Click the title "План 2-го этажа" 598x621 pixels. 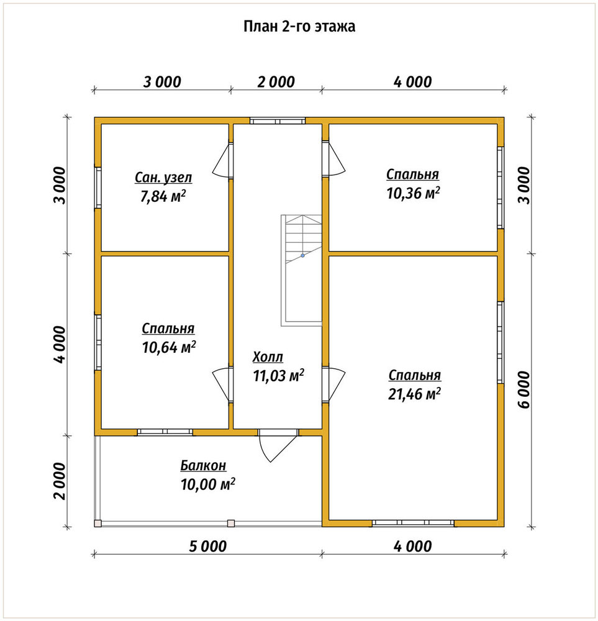tap(299, 27)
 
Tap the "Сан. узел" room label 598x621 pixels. tap(163, 178)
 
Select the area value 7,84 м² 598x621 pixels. tap(163, 196)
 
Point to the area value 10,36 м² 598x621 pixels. tap(413, 193)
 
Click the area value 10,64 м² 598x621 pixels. tap(169, 347)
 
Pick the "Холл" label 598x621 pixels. tap(268, 357)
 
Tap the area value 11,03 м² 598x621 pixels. tap(278, 376)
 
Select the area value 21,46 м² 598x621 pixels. tap(414, 394)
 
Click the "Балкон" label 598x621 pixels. tap(203, 465)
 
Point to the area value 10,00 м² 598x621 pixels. tap(208, 484)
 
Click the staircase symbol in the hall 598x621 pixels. tap(301, 271)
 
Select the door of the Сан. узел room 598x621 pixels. tap(224, 160)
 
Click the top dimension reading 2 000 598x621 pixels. tap(276, 82)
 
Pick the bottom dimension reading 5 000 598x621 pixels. tap(207, 546)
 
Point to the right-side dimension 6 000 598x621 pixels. tap(523, 390)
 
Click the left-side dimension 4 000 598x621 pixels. tap(60, 345)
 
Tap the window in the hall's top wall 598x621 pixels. tap(277, 120)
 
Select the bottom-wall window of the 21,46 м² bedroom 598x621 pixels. tap(413, 523)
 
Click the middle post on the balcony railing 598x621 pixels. tap(231, 523)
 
